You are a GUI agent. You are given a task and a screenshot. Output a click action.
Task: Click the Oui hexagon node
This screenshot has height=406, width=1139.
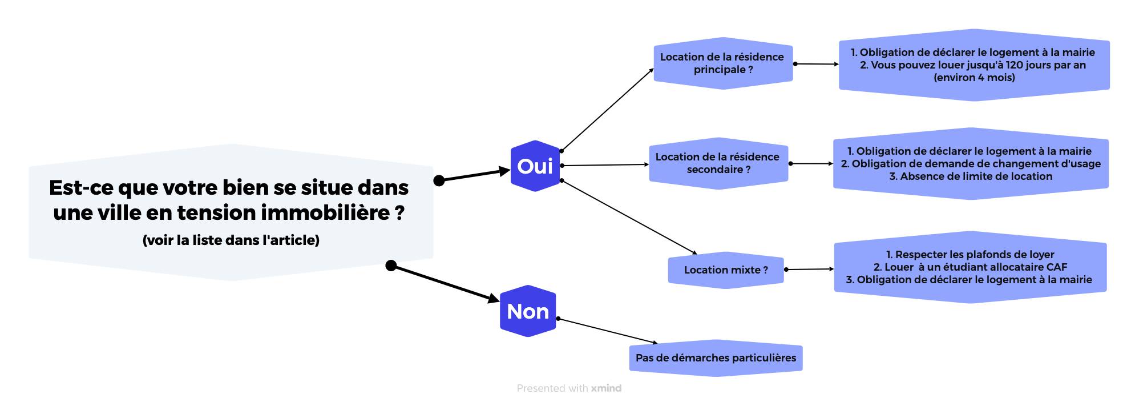point(535,166)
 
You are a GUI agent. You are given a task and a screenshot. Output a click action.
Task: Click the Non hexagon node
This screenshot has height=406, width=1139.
point(528,311)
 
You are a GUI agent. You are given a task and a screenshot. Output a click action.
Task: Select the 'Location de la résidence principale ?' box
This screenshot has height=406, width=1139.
point(722,63)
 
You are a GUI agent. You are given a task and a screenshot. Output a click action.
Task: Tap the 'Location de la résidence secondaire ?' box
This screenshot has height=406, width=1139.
point(718,163)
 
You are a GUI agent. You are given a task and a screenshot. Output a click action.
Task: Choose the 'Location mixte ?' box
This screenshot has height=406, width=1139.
point(726,270)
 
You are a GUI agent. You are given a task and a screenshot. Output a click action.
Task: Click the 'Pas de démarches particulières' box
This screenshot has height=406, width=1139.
point(716,358)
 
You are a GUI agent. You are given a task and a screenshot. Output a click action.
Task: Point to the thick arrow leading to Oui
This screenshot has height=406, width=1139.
point(474,175)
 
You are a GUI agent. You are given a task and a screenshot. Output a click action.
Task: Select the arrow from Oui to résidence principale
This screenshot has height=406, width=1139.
point(608,110)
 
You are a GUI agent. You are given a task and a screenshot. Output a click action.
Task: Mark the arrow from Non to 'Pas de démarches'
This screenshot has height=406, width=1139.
point(608,331)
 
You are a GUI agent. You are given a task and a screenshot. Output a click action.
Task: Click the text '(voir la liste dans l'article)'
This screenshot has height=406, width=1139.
point(231,240)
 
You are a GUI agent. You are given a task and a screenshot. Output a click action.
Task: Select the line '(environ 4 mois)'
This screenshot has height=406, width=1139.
point(974,78)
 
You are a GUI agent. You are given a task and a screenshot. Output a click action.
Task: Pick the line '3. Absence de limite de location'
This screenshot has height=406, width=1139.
point(971,176)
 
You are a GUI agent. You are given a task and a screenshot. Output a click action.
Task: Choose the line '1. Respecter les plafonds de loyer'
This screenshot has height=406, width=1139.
point(970,255)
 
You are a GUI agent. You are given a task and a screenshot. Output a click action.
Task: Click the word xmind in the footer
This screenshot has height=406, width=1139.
point(606,388)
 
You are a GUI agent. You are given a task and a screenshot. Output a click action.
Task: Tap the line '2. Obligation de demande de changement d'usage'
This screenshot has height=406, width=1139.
point(971,164)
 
